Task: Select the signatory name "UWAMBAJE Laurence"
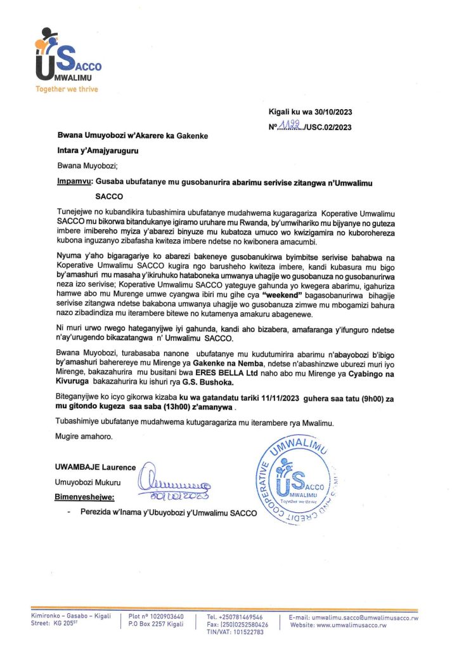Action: coord(96,467)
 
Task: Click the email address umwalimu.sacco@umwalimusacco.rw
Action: coord(365,617)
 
